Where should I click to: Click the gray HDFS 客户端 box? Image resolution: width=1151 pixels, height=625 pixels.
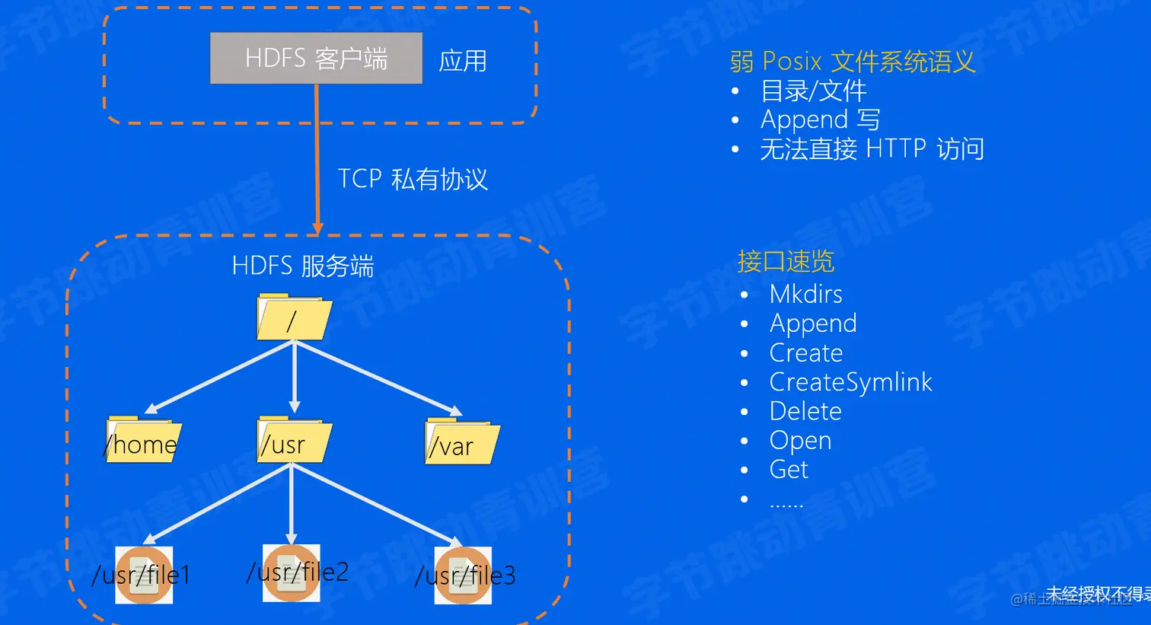316,58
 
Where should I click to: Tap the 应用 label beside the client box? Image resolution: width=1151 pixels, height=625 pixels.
462,61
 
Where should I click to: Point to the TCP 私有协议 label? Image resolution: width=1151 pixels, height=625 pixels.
412,180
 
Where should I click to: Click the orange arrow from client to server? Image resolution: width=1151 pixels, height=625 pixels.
317,160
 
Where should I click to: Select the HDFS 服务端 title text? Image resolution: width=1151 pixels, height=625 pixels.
302,266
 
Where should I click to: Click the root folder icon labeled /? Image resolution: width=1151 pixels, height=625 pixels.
294,317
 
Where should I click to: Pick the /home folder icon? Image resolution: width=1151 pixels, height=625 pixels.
142,440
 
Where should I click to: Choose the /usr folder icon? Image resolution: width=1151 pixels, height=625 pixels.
294,440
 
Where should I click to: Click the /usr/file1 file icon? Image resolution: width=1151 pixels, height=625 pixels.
144,575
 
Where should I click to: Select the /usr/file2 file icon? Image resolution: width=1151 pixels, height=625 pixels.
292,572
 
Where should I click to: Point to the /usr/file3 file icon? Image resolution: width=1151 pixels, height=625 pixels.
463,576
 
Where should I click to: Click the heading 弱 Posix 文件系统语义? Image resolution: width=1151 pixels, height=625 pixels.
852,62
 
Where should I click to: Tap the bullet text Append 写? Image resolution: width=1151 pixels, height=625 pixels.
820,120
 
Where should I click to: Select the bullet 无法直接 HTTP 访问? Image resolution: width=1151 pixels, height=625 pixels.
872,149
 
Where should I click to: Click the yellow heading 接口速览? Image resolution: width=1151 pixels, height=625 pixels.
786,262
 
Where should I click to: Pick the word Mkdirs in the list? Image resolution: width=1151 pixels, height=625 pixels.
805,295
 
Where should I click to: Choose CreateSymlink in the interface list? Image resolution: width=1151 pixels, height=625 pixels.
850,382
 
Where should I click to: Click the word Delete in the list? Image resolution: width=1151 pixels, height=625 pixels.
805,412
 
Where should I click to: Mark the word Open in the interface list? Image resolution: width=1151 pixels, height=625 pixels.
800,441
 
